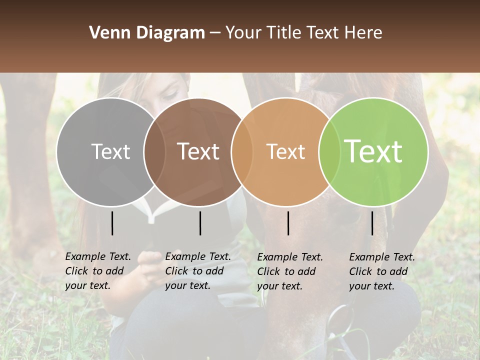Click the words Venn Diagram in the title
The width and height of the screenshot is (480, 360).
(147, 33)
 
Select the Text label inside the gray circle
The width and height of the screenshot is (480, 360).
(110, 152)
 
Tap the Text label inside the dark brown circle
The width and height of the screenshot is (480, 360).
(198, 152)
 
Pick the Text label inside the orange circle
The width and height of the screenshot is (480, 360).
(285, 152)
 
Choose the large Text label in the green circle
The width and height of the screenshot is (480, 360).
(373, 151)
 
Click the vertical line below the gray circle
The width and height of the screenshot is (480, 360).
(112, 223)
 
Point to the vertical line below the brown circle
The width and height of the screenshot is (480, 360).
(200, 223)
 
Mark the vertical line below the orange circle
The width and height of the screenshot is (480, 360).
(288, 223)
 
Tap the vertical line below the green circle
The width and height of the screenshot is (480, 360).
(372, 223)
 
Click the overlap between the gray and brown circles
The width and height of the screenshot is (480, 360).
(154, 152)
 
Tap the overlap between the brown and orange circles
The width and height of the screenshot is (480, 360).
(241, 152)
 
